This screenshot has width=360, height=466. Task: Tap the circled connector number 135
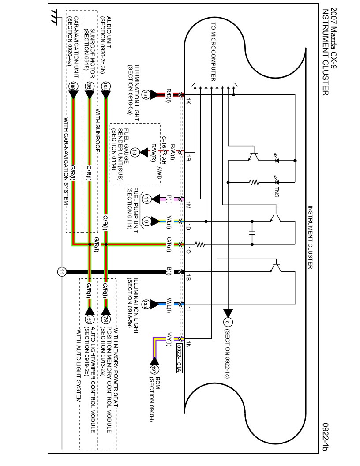coord(146,304)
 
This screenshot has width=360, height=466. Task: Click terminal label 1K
coord(188,103)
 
